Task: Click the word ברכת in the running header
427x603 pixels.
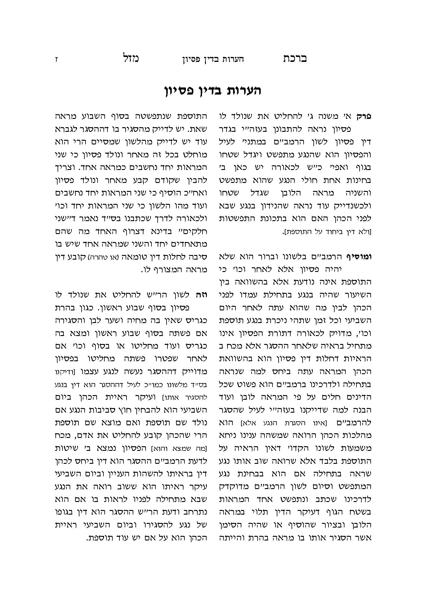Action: click(x=295, y=59)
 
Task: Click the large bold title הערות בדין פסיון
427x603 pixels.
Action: click(x=212, y=91)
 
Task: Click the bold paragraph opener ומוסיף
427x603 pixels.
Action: click(x=359, y=257)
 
